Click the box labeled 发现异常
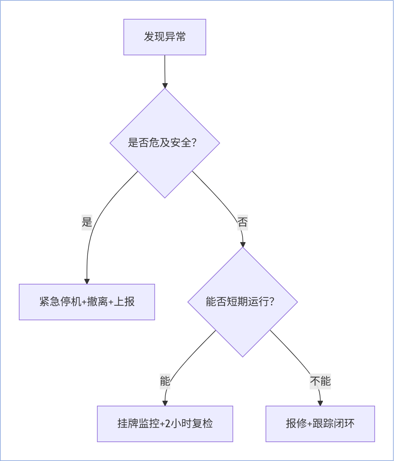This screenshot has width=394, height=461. click(165, 37)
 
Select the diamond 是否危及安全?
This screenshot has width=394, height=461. click(165, 143)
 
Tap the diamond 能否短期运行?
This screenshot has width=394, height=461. click(242, 302)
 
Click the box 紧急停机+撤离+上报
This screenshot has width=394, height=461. click(87, 302)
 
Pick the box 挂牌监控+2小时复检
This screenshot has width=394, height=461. click(165, 424)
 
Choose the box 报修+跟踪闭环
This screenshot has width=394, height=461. click(320, 424)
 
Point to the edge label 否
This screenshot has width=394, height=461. click(242, 222)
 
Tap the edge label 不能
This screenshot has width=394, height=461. click(320, 381)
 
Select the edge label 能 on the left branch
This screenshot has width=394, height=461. click(165, 381)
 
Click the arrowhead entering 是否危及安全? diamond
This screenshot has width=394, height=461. click(165, 86)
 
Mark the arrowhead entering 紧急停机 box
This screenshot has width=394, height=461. click(87, 282)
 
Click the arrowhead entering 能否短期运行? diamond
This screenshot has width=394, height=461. click(243, 245)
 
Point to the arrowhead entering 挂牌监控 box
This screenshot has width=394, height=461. click(165, 403)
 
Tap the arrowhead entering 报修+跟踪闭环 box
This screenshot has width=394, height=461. click(320, 403)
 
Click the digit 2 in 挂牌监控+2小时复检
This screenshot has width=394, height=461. click(168, 424)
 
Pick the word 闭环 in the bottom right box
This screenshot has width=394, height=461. click(344, 424)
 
